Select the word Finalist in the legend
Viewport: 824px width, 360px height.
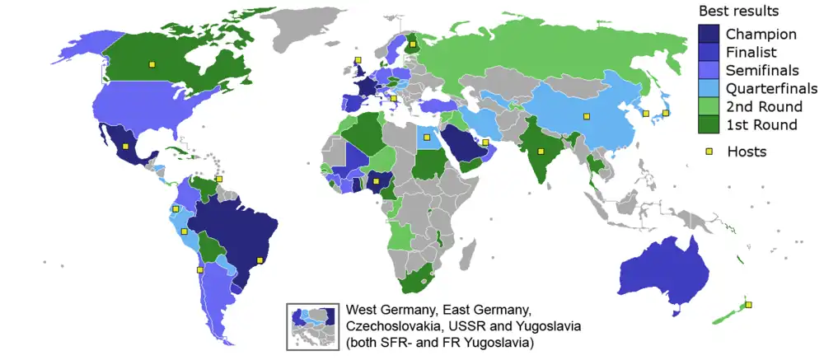pyautogui.click(x=752, y=53)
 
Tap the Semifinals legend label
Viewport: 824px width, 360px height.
pyautogui.click(x=761, y=71)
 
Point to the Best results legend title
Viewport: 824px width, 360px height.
pyautogui.click(x=739, y=12)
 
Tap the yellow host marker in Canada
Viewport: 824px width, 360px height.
pyautogui.click(x=151, y=63)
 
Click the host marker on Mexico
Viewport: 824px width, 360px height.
pyautogui.click(x=125, y=146)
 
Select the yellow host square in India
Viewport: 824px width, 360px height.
pyautogui.click(x=541, y=151)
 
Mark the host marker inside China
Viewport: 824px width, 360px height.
pyautogui.click(x=587, y=116)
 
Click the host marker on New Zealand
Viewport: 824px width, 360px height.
pyautogui.click(x=748, y=305)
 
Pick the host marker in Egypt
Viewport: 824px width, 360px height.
pyautogui.click(x=426, y=138)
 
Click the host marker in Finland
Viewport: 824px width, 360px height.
pyautogui.click(x=412, y=44)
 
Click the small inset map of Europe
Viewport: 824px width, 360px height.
pyautogui.click(x=312, y=326)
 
